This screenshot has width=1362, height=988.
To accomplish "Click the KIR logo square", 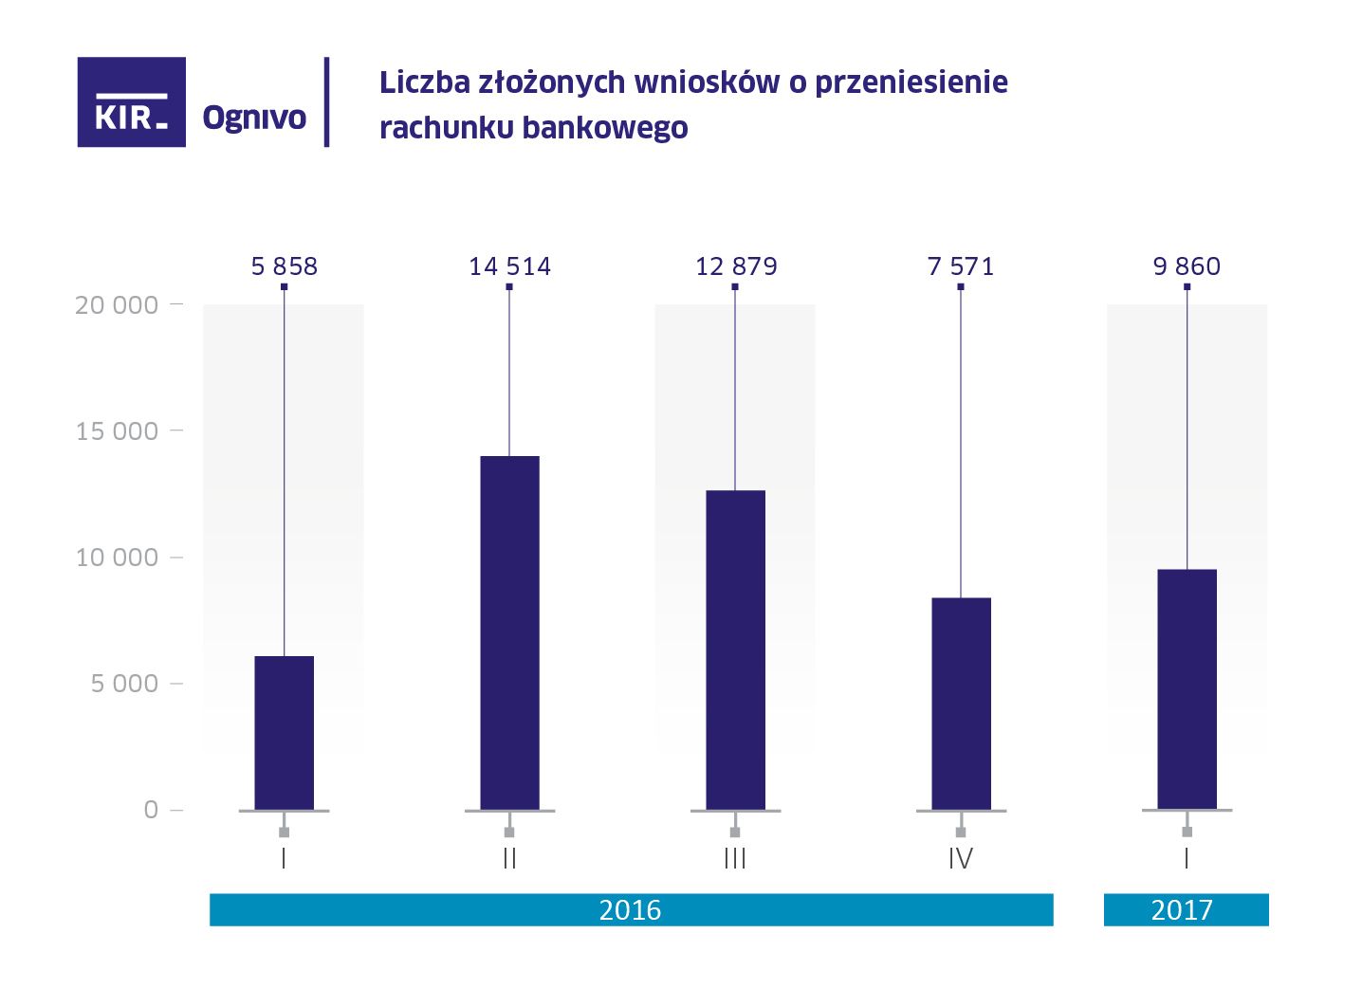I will point(131,102).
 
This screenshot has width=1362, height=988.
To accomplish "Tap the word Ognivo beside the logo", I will point(254,118).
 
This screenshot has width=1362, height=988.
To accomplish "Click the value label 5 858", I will point(284,266).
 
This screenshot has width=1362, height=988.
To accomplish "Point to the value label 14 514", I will point(509,266).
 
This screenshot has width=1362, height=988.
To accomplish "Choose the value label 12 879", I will point(736,266).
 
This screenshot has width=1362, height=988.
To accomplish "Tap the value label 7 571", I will point(961,266).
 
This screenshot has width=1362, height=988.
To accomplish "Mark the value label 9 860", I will point(1187,266).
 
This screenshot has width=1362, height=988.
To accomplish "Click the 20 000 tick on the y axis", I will point(117,305).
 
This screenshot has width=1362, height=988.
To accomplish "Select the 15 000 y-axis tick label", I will point(117,431).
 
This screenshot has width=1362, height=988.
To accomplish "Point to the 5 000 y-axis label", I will point(124,684).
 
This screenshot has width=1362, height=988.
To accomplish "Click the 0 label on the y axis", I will point(151,810).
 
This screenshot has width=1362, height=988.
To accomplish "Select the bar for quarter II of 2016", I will point(509,632).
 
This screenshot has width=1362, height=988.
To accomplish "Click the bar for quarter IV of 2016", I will point(961,704).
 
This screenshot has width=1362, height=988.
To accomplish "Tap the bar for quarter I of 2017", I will point(1187,689).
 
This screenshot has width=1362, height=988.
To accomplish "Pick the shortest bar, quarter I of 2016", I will point(284,733).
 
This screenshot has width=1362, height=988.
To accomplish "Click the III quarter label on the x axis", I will point(735,859).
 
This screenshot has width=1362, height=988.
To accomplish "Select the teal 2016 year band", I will point(631,910).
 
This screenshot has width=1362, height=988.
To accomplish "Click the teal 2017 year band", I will point(1186,910).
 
